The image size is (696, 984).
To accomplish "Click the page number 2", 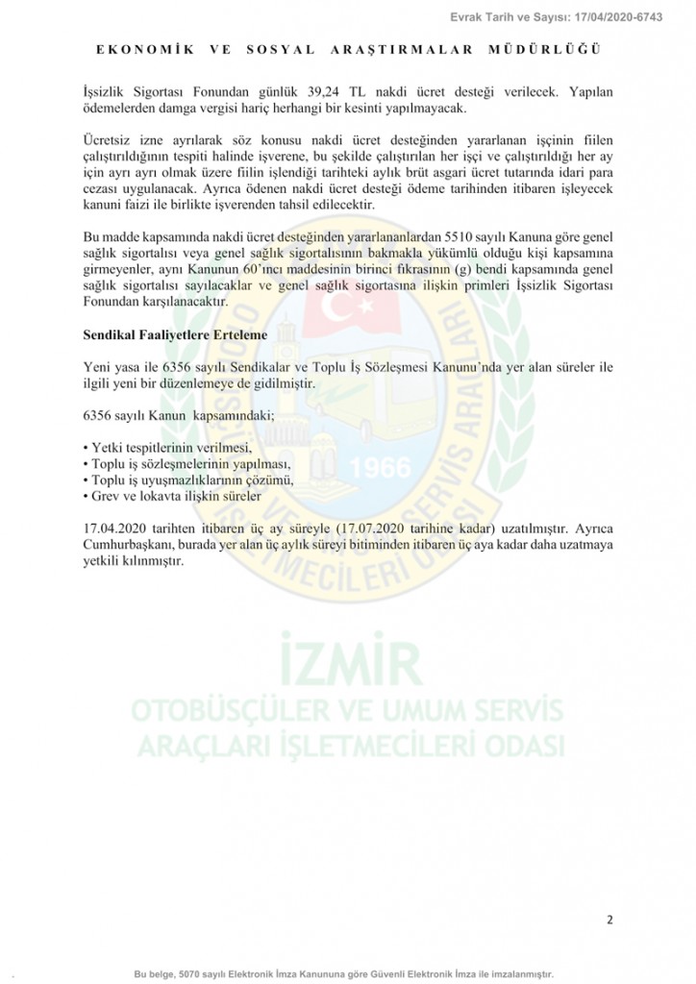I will point(609,920).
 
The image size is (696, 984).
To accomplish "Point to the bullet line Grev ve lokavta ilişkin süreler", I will point(171,496).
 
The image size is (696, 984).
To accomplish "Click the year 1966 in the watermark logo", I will point(380,467).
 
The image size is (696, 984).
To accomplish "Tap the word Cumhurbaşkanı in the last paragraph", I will point(128,545).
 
